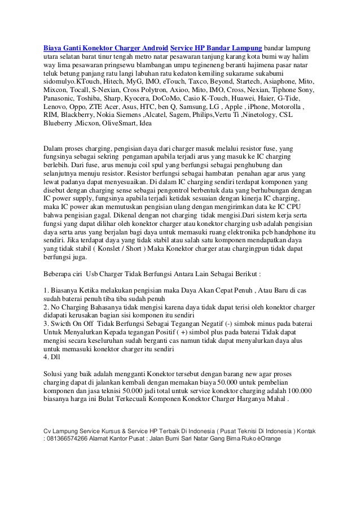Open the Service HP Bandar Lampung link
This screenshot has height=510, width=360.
pos(216,45)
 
